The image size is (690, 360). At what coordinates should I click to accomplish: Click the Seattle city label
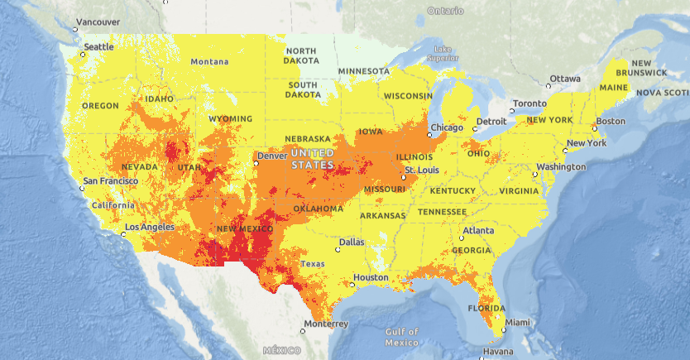pos(99,47)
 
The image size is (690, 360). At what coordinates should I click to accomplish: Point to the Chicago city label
pos(448,127)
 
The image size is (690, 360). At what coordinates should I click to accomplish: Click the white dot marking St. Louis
pos(403,178)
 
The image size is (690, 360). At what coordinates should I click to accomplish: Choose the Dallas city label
pos(351,242)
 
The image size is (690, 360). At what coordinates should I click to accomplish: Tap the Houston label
pos(370,277)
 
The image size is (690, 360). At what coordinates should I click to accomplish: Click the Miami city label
pos(519,322)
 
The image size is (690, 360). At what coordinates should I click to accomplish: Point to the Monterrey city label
pos(326,324)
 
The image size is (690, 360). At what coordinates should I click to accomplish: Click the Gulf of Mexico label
pos(401,337)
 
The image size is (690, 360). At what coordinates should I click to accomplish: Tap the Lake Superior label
pos(442,54)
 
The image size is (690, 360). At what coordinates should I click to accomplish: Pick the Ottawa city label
pos(566,79)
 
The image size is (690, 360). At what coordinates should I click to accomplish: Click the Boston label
pos(611,122)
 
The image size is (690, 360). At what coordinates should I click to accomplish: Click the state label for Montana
pos(209,62)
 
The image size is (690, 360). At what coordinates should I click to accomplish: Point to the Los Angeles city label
pos(150,227)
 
